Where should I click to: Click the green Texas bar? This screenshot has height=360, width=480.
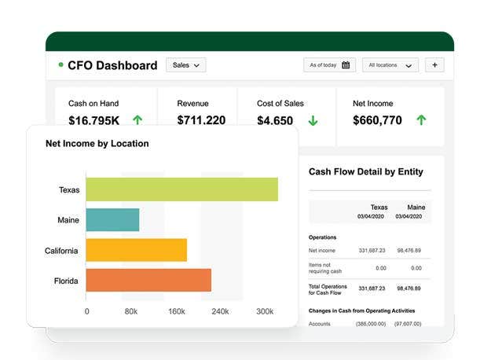[x=181, y=189]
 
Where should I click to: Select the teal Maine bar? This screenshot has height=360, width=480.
[x=112, y=220]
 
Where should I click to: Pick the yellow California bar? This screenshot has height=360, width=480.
[x=136, y=250]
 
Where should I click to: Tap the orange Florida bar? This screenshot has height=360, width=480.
[x=148, y=280]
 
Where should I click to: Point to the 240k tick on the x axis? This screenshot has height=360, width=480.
[x=220, y=311]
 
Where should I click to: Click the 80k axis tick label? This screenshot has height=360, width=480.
[x=131, y=311]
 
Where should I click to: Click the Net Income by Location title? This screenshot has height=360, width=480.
[x=97, y=144]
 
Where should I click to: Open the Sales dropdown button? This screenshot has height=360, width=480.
[x=185, y=65]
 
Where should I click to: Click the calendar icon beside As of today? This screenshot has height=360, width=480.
[x=346, y=65]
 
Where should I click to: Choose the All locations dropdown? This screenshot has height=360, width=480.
[x=390, y=65]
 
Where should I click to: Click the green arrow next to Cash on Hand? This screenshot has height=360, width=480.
[x=137, y=120]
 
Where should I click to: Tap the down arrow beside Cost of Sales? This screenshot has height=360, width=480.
[x=313, y=120]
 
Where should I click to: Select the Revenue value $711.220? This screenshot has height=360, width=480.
[x=201, y=120]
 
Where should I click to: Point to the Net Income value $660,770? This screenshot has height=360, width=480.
[x=377, y=120]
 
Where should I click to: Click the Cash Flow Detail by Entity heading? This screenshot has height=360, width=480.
[x=365, y=171]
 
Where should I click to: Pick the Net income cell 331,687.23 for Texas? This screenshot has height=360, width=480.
[x=372, y=250]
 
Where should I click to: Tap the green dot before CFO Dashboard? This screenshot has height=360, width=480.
[x=60, y=65]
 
